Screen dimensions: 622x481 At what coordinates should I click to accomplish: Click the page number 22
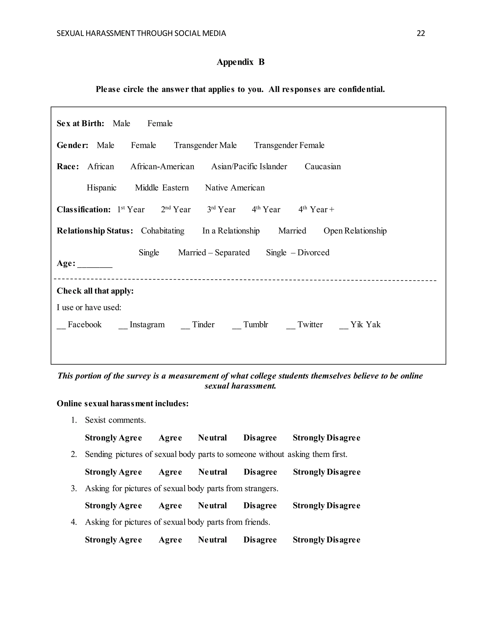[421, 34]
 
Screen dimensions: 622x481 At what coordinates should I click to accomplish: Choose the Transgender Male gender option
[205, 145]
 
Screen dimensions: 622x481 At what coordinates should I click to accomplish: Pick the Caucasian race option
[322, 166]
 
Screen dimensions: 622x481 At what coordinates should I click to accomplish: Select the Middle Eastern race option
[162, 188]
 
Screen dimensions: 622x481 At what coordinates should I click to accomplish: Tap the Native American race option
[235, 188]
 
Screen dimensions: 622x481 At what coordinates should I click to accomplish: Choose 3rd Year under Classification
[221, 210]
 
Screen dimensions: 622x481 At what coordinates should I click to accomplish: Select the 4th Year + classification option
[316, 210]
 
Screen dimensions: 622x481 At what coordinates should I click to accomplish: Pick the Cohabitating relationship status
[163, 231]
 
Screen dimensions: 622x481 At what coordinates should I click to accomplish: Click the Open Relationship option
[355, 231]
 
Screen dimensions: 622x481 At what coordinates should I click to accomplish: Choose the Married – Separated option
[214, 253]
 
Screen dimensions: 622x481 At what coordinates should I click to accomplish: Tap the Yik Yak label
[365, 325]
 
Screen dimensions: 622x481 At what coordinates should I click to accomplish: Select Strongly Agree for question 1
[113, 438]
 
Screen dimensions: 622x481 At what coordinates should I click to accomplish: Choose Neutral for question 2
[213, 472]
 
